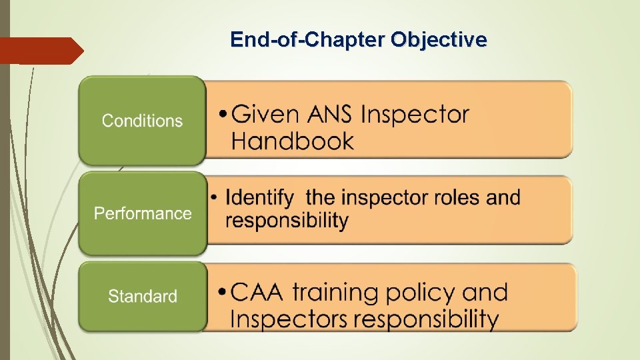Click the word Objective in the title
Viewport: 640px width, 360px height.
click(x=439, y=41)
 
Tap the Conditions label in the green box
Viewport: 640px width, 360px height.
click(x=142, y=121)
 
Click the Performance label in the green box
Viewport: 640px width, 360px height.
click(x=143, y=213)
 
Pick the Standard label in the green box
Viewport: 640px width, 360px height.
click(x=143, y=296)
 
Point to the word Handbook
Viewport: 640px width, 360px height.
click(x=293, y=141)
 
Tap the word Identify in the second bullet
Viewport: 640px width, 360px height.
click(x=259, y=198)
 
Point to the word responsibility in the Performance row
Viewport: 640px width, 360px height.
click(x=287, y=221)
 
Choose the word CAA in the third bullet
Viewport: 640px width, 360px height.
click(x=257, y=292)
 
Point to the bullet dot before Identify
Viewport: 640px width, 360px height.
click(x=213, y=198)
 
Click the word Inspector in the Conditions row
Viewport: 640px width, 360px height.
click(x=415, y=115)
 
